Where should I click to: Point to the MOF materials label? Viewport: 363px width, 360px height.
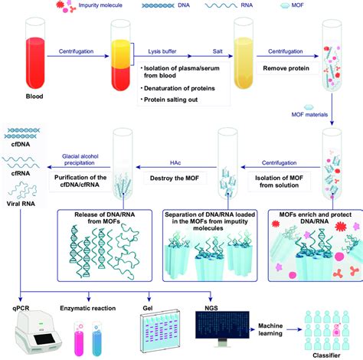coord(309,115)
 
